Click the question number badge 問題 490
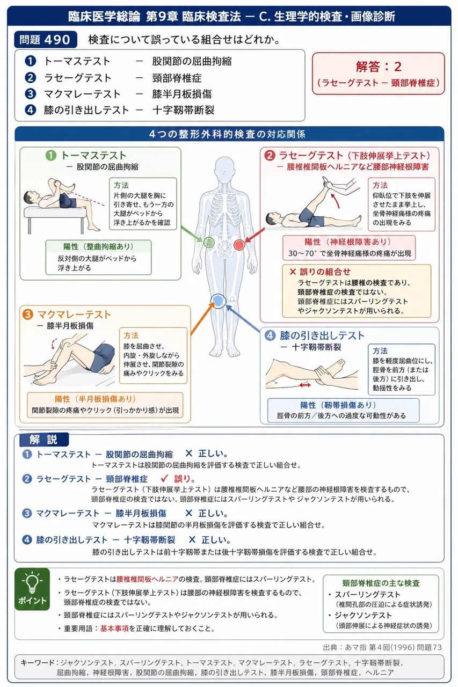pos(46,40)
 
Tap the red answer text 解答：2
pos(379,67)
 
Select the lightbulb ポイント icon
pos(32,589)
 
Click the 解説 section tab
pos(44,440)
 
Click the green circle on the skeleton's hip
pos(209,242)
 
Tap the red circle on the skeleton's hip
pos(239,245)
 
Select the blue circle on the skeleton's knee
pos(218,301)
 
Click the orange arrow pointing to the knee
pos(202,318)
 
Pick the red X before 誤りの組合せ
pos(293,272)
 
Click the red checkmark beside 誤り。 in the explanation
pos(164,478)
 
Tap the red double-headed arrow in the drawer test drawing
pos(305,385)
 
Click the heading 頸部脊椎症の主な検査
pos(381,583)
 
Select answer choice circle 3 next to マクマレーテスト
pos(30,94)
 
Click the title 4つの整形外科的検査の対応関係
pos(227,134)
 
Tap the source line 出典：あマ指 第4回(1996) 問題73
pos(382,647)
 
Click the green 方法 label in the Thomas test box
pos(121,185)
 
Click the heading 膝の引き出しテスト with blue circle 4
pos(315,335)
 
